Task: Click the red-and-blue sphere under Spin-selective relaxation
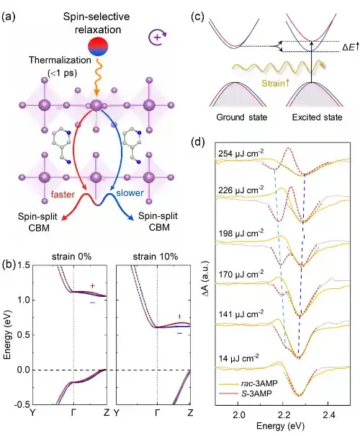pyautogui.click(x=98, y=46)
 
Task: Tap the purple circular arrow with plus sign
pyautogui.click(x=158, y=37)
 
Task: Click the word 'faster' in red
pyautogui.click(x=63, y=195)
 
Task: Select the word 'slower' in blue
pyautogui.click(x=130, y=192)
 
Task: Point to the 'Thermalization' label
pyautogui.click(x=60, y=60)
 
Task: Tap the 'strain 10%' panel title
pyautogui.click(x=156, y=257)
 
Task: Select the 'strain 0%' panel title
pyautogui.click(x=71, y=257)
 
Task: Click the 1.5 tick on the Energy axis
pyautogui.click(x=24, y=265)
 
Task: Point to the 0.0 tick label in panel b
pyautogui.click(x=24, y=370)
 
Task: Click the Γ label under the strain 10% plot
pyautogui.click(x=157, y=413)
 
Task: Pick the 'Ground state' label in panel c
pyautogui.click(x=242, y=117)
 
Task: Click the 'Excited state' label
pyautogui.click(x=318, y=117)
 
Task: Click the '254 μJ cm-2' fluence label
pyautogui.click(x=241, y=154)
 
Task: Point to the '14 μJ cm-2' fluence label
pyautogui.click(x=238, y=358)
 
